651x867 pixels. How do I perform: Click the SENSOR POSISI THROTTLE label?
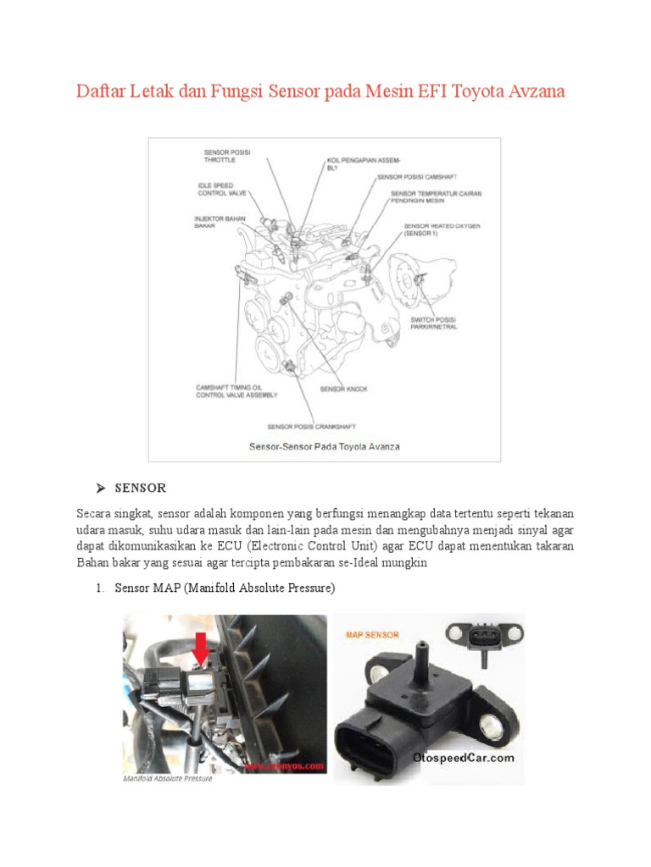click(227, 155)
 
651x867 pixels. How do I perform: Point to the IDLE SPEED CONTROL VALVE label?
click(222, 189)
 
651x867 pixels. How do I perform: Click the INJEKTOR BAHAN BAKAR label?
click(220, 222)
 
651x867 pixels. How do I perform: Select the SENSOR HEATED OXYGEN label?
click(442, 229)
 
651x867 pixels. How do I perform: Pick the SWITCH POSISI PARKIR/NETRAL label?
click(434, 323)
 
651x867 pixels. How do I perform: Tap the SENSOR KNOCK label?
click(343, 389)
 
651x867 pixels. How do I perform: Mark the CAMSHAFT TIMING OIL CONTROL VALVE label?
click(233, 390)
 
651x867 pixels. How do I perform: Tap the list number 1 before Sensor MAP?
click(99, 588)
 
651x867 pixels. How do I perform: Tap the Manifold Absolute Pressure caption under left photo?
click(168, 778)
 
